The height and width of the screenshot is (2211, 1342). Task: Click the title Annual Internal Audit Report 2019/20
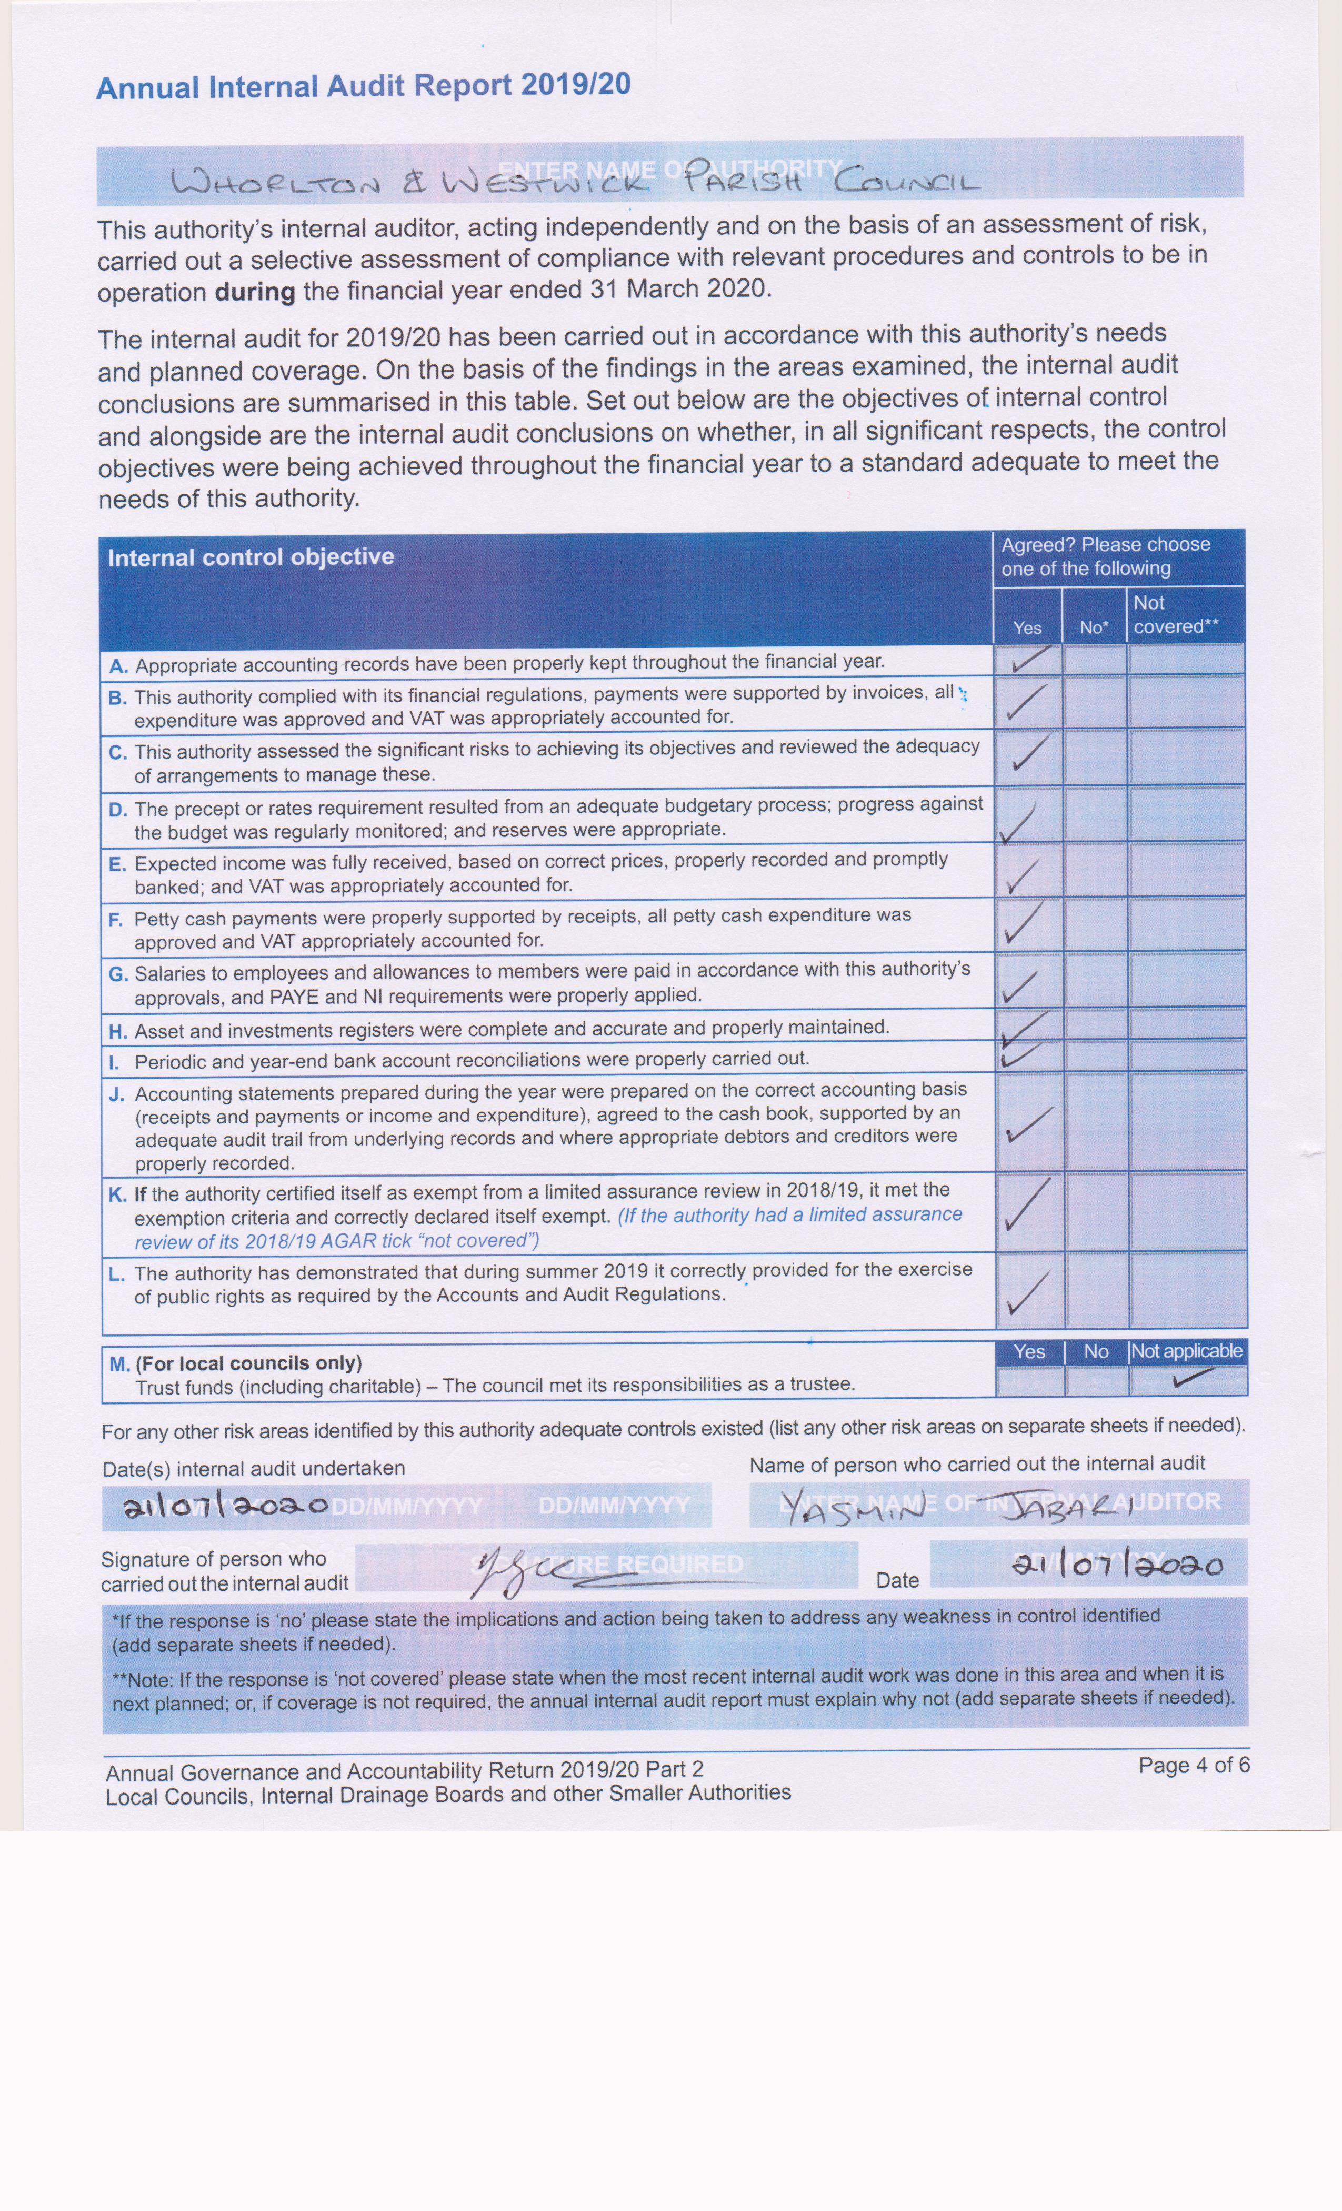tap(363, 86)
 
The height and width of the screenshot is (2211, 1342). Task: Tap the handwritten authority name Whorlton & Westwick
tap(408, 182)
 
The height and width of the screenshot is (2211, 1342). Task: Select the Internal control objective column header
tap(251, 557)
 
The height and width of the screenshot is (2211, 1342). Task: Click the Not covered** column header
tap(1175, 615)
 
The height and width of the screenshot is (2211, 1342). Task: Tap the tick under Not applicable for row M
tap(1193, 1377)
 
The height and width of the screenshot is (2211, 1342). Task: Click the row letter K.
tap(117, 1194)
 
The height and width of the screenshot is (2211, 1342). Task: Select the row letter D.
tap(117, 810)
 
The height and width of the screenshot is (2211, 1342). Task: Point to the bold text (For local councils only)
tap(248, 1363)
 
